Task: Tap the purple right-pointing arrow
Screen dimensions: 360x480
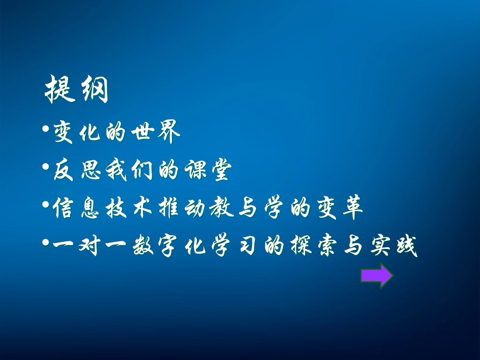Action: (x=376, y=276)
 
